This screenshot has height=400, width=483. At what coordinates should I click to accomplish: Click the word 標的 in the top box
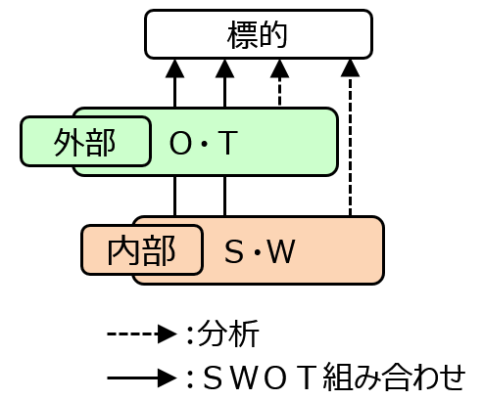point(257,35)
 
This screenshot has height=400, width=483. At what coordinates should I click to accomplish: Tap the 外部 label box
point(85,141)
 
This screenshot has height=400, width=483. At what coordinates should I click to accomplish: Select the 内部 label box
point(142,249)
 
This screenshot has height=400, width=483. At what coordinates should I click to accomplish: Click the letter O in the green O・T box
point(180,143)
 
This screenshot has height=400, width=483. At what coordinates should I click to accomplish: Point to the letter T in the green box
point(227,143)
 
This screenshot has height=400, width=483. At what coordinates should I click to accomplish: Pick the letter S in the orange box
point(234,251)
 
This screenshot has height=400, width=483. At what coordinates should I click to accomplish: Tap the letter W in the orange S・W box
point(281,251)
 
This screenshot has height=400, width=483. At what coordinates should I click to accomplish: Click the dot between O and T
point(205,143)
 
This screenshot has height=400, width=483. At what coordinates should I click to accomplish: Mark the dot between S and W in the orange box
point(258,252)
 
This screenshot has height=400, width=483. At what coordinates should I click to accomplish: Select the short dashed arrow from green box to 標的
point(279,82)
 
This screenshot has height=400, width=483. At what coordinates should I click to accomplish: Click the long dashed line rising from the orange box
point(350,146)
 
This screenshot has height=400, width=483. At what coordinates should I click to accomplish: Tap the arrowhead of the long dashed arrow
point(350,67)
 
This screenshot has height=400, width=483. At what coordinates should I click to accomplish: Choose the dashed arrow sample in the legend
point(142,333)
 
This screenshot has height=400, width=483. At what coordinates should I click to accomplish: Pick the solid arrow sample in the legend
point(142,378)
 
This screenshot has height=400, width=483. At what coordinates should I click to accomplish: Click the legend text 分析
point(228,333)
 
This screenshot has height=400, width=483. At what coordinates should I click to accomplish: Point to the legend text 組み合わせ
point(394,378)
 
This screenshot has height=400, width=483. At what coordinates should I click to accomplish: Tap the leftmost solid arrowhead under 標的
point(175,68)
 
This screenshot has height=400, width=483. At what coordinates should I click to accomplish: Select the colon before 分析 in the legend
point(190,334)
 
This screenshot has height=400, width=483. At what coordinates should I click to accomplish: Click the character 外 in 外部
point(69,142)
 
